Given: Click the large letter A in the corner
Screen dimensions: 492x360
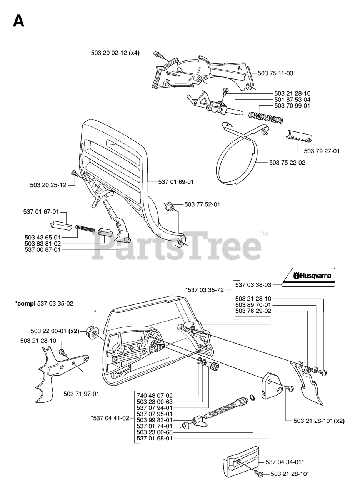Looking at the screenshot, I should (18, 20).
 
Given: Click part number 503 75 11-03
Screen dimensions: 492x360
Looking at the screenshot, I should (275, 73).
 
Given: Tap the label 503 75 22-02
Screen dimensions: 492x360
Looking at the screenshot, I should (287, 163).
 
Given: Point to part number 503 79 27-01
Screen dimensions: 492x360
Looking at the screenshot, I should (322, 151).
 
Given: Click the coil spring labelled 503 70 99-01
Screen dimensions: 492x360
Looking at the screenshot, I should (266, 117).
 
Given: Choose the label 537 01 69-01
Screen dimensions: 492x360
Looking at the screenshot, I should (176, 182).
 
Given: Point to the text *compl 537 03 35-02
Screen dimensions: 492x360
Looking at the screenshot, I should (44, 303).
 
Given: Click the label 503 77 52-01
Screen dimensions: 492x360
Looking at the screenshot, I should (202, 204).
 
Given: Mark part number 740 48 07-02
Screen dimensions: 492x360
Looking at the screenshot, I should (155, 395).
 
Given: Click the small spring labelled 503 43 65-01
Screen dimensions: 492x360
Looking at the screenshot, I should (85, 228).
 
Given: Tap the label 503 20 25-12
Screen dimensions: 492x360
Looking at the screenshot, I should (48, 185).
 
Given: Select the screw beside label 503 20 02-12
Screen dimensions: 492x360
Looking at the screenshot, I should (157, 54).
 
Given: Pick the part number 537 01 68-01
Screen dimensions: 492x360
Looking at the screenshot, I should (155, 438).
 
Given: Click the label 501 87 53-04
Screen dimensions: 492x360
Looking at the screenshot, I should (292, 100).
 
